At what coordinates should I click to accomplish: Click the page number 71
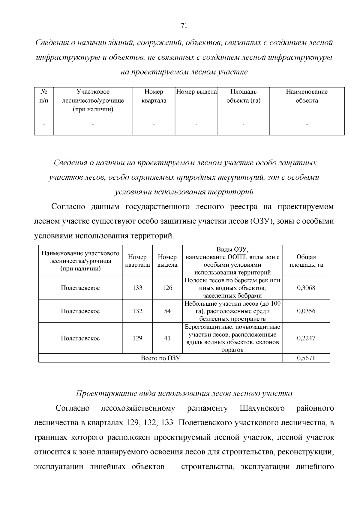[x=184, y=25]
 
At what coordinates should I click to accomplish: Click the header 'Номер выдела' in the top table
[x=196, y=92]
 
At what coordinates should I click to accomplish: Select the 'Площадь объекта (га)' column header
[x=243, y=96]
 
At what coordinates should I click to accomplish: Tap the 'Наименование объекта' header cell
[x=307, y=96]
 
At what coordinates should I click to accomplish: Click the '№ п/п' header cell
[x=44, y=96]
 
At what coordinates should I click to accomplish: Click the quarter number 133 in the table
[x=137, y=288]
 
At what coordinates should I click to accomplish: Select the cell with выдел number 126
[x=167, y=288]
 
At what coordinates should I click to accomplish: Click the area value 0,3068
[x=306, y=288]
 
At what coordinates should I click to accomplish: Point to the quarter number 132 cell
[x=137, y=311]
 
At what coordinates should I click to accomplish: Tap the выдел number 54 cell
[x=167, y=311]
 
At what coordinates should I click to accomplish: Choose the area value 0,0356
[x=306, y=311]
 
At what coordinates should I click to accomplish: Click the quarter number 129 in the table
[x=137, y=338]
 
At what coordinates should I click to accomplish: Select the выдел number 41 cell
[x=167, y=338]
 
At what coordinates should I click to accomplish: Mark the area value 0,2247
[x=306, y=338]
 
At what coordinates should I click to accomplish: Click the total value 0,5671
[x=306, y=358]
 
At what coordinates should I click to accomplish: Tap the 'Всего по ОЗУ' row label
[x=160, y=358]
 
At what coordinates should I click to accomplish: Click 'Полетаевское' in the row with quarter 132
[x=80, y=311]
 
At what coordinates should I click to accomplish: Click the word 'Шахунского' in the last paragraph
[x=262, y=408]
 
